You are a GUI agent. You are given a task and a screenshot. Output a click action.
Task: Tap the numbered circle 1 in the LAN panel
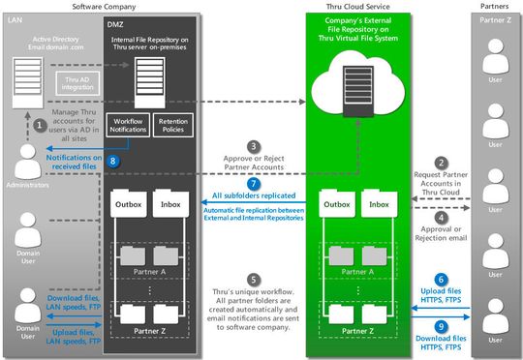coord(40,123)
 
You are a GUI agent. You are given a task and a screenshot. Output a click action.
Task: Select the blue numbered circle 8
coord(115,163)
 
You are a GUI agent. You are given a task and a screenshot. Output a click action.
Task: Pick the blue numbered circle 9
coord(442,326)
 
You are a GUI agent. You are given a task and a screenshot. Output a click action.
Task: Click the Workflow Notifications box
coord(129,125)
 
